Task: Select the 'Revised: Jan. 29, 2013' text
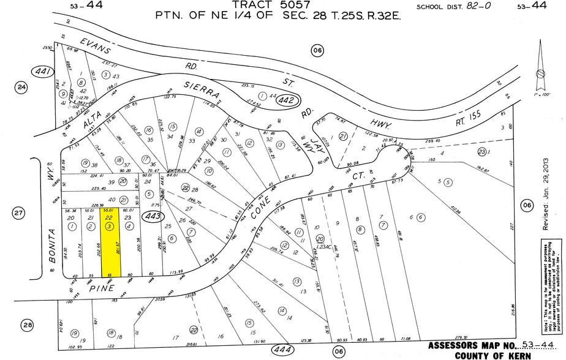click(545, 195)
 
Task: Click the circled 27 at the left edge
click(18, 213)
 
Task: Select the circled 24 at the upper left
click(22, 88)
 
